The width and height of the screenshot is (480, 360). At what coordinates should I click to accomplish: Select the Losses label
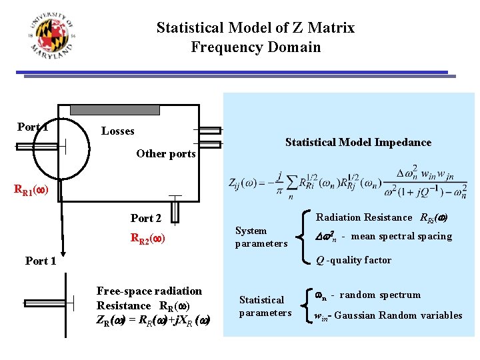(x=118, y=131)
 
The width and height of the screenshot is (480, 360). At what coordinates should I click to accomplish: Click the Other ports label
(x=166, y=154)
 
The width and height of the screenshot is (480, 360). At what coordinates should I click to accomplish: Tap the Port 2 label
(x=146, y=218)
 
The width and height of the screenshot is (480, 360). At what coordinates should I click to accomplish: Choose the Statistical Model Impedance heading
(x=358, y=142)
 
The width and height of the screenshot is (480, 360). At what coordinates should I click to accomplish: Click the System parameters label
(x=261, y=237)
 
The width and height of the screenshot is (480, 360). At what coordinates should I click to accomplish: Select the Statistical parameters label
(x=265, y=306)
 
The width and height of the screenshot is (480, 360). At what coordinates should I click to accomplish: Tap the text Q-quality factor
(x=353, y=260)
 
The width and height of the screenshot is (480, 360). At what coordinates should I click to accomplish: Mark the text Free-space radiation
(x=149, y=291)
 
